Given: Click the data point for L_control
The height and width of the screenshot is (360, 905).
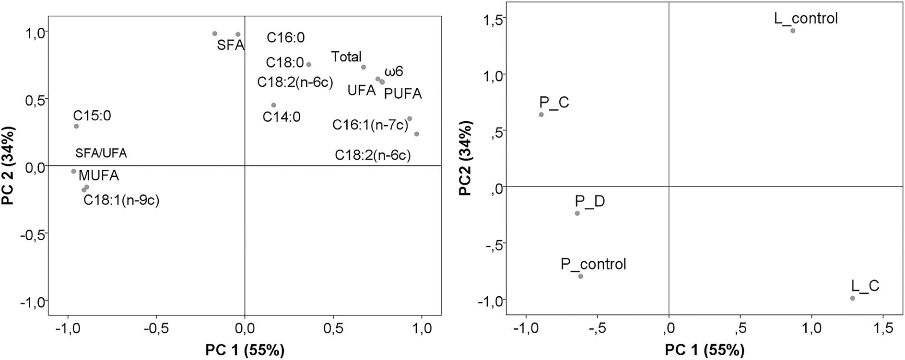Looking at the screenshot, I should pyautogui.click(x=793, y=31).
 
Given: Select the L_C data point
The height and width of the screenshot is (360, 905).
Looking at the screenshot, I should pyautogui.click(x=852, y=298).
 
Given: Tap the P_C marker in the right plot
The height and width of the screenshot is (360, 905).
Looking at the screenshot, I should pyautogui.click(x=541, y=115).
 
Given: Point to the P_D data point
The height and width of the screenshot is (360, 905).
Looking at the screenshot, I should pyautogui.click(x=577, y=213).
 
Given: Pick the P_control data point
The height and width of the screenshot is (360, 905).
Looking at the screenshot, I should pyautogui.click(x=580, y=276).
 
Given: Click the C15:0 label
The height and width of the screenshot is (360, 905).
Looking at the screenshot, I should pyautogui.click(x=92, y=116).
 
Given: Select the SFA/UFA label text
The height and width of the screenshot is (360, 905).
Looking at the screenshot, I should pyautogui.click(x=101, y=153).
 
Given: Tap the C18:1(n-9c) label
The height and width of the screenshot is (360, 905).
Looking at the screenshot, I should pyautogui.click(x=121, y=200).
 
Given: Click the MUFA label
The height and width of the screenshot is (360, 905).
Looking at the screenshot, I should pyautogui.click(x=99, y=175).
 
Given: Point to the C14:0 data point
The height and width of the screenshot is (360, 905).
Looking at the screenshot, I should pyautogui.click(x=273, y=105).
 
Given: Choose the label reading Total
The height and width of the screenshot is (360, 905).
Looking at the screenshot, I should pyautogui.click(x=346, y=57).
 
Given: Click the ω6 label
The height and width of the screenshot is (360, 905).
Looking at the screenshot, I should pyautogui.click(x=394, y=72).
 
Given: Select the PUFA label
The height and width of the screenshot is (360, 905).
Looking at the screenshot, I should pyautogui.click(x=403, y=94).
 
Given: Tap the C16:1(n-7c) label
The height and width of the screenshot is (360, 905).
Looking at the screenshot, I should pyautogui.click(x=370, y=125).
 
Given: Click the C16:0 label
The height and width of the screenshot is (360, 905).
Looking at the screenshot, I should pyautogui.click(x=286, y=38).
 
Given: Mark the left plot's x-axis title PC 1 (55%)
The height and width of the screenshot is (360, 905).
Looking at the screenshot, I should pyautogui.click(x=245, y=350).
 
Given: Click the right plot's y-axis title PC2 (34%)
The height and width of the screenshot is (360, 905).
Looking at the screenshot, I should pyautogui.click(x=465, y=158).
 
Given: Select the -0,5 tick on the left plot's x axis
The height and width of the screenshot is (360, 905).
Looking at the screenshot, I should pyautogui.click(x=155, y=329).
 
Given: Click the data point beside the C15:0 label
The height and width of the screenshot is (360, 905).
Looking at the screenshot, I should pyautogui.click(x=76, y=127).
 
